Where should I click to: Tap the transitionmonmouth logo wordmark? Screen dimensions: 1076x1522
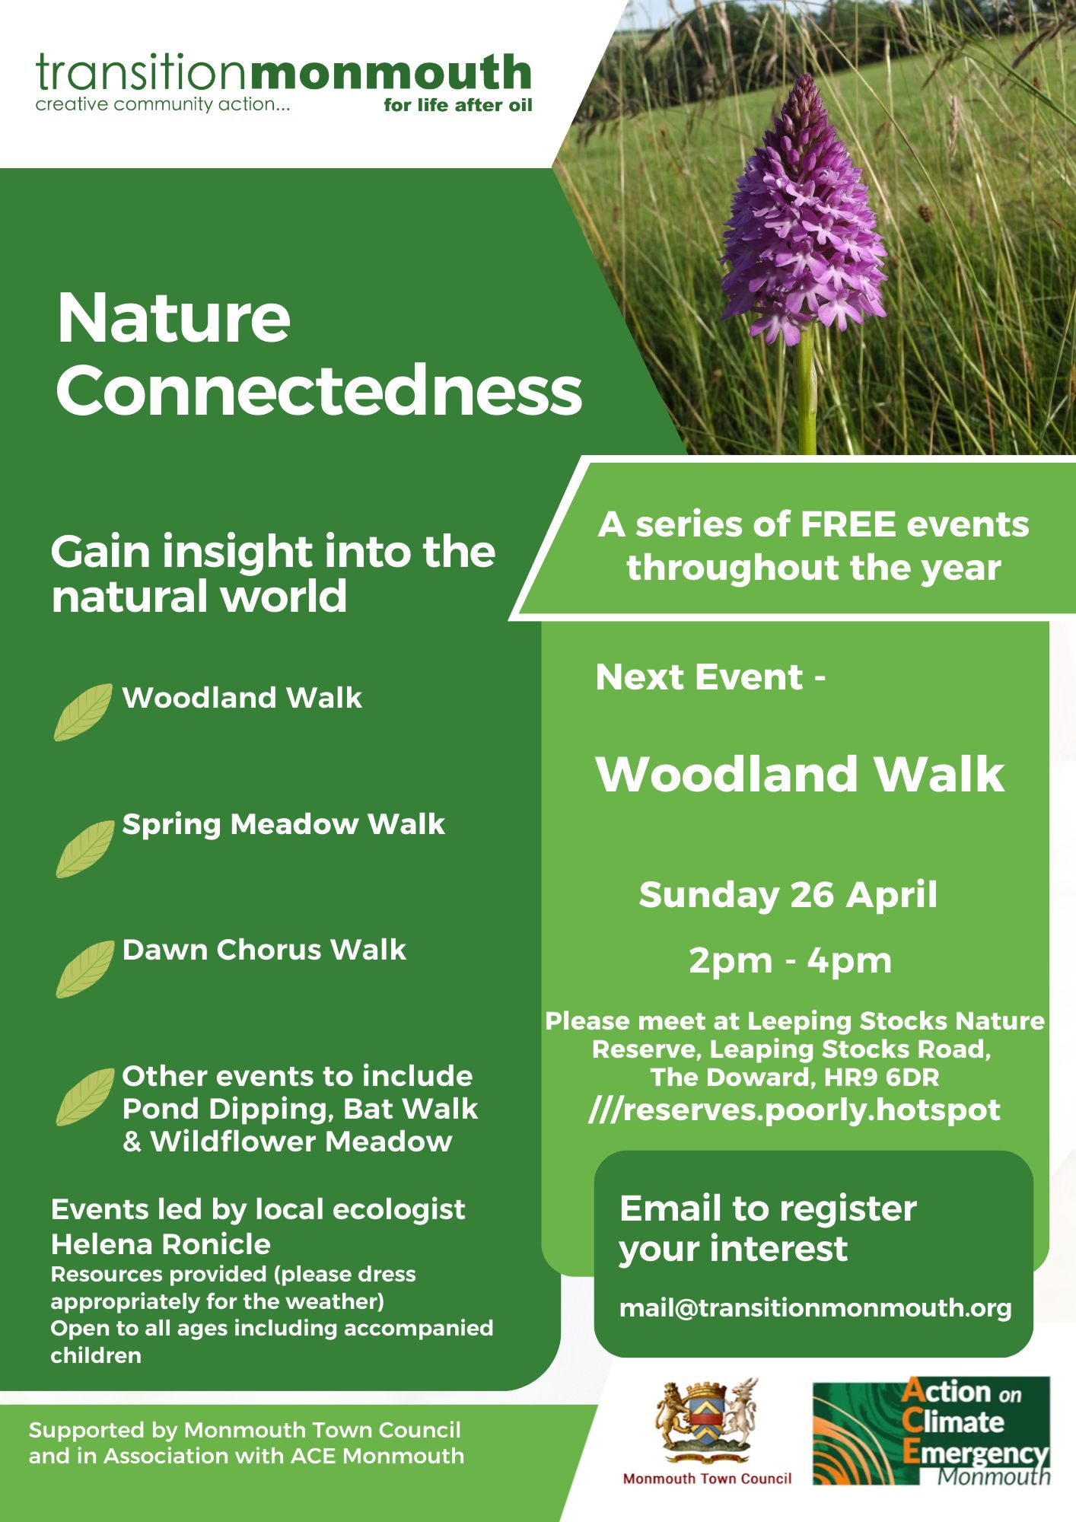[x=283, y=74]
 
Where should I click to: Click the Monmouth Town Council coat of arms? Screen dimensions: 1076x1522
[x=707, y=1420]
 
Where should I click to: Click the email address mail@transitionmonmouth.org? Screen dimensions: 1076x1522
[x=815, y=1308]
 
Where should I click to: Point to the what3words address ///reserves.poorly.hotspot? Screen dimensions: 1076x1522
[x=794, y=1110]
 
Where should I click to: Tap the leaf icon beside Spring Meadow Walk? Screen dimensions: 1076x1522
[x=84, y=849]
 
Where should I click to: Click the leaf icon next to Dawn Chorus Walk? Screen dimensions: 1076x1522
[x=84, y=969]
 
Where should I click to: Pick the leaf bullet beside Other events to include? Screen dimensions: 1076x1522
[x=84, y=1097]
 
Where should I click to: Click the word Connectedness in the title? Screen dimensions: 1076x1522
[x=319, y=390]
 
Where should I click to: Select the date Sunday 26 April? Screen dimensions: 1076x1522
[x=788, y=895]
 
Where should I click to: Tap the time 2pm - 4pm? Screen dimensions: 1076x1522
[x=790, y=960]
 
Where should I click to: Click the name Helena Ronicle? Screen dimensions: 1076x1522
[x=161, y=1244]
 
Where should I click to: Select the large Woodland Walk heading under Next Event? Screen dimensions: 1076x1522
[x=800, y=774]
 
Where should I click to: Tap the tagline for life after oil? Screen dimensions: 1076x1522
[x=457, y=105]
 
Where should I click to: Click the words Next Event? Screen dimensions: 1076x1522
[x=699, y=677]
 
